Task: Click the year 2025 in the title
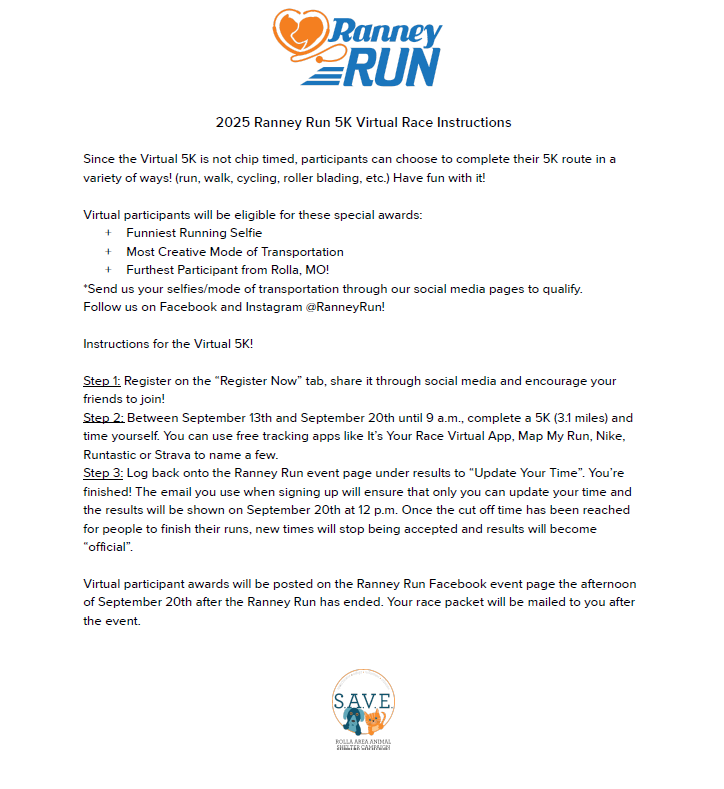[x=232, y=123]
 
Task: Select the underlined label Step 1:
[x=102, y=381]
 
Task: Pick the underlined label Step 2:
[x=103, y=418]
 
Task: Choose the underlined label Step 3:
[x=103, y=472]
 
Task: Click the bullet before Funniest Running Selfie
[x=108, y=233]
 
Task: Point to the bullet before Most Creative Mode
[x=108, y=252]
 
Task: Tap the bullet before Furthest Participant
[x=108, y=270]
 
